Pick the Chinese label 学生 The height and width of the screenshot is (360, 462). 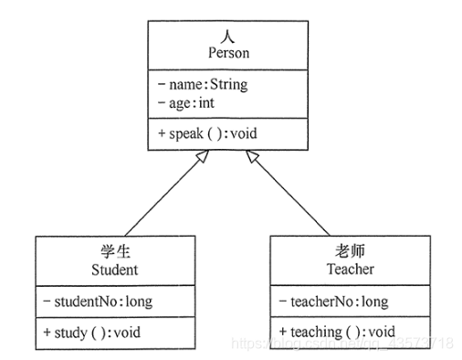pyautogui.click(x=115, y=251)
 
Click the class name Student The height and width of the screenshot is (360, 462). pyautogui.click(x=115, y=270)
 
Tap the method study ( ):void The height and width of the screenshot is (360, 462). pyautogui.click(x=98, y=331)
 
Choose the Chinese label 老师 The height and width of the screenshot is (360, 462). pyautogui.click(x=338, y=251)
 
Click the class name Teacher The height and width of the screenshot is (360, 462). pyautogui.click(x=338, y=270)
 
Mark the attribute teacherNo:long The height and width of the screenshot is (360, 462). pyautogui.click(x=338, y=301)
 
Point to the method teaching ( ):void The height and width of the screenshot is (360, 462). pyautogui.click(x=342, y=331)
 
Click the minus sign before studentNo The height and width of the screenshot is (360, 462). pyautogui.click(x=47, y=301)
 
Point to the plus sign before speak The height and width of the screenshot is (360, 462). pyautogui.click(x=161, y=132)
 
